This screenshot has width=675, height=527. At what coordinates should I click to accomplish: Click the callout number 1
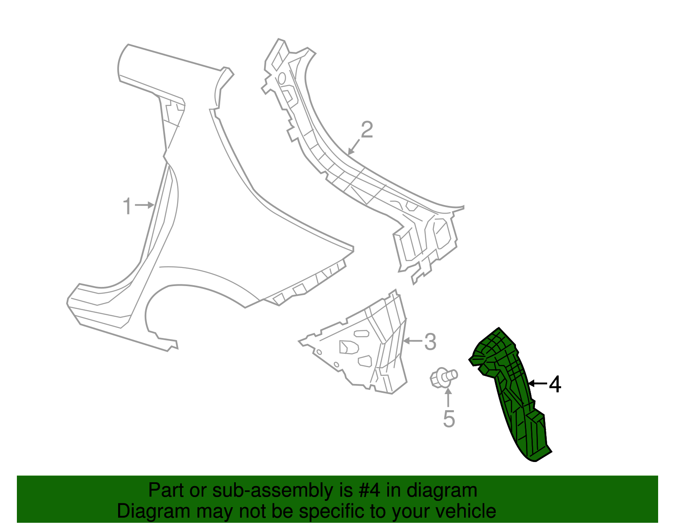(x=127, y=207)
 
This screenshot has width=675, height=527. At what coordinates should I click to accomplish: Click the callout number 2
(x=367, y=130)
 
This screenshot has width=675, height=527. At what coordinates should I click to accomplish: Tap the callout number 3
(x=430, y=341)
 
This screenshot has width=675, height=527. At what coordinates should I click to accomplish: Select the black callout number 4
(x=555, y=384)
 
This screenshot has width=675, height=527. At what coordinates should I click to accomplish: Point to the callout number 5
(x=449, y=419)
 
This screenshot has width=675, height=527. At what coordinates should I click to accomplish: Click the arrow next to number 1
(x=145, y=205)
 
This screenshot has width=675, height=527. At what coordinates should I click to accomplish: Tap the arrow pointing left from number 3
(x=413, y=340)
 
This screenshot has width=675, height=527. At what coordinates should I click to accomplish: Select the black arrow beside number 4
(x=537, y=383)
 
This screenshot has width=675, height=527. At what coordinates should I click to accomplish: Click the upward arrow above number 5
(x=448, y=397)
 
